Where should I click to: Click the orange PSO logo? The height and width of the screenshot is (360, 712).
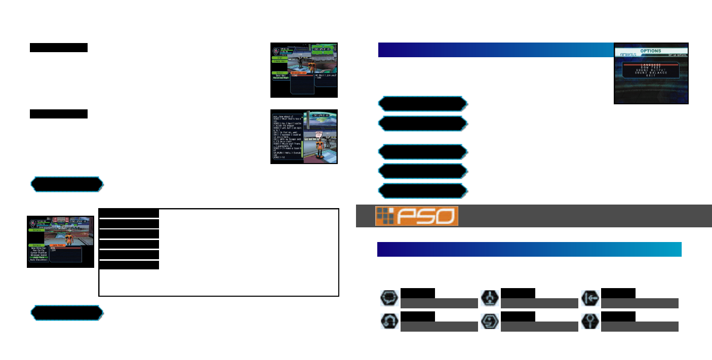pyautogui.click(x=417, y=216)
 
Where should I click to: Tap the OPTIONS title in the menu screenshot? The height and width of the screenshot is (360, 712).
pyautogui.click(x=650, y=51)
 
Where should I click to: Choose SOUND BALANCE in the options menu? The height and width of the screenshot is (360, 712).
pyautogui.click(x=651, y=73)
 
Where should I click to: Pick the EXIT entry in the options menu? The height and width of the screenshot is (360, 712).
pyautogui.click(x=651, y=76)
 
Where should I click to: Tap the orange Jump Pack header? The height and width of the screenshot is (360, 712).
pyautogui.click(x=65, y=245)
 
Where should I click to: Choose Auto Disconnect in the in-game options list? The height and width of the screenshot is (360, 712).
pyautogui.click(x=38, y=260)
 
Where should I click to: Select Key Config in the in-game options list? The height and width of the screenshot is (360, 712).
pyautogui.click(x=38, y=250)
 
